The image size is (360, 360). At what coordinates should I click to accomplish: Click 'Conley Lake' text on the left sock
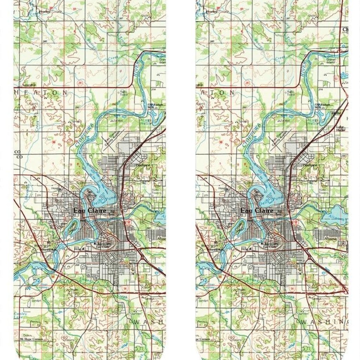(x=18, y=315)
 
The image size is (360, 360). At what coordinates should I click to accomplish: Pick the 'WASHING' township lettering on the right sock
(x=323, y=321)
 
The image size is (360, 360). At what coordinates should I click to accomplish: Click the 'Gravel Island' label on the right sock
(x=331, y=61)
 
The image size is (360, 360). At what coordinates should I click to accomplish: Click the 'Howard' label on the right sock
(x=212, y=12)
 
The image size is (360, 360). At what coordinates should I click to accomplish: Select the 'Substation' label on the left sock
(x=29, y=85)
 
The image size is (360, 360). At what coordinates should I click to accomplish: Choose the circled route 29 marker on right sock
(x=247, y=83)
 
